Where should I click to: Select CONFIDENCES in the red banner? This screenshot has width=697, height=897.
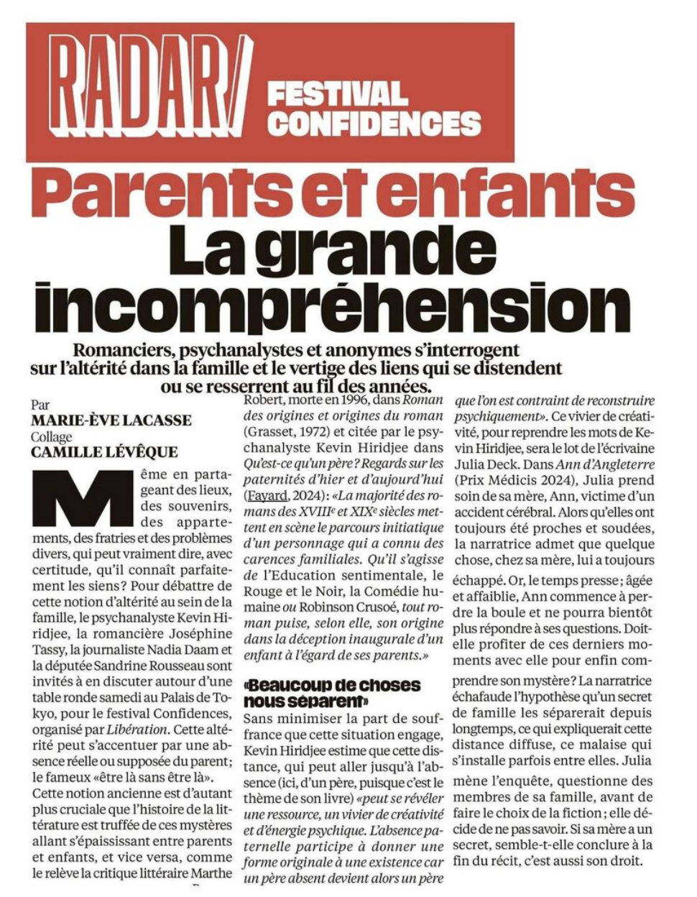374,124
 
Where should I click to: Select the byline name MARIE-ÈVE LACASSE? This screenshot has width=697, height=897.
111,421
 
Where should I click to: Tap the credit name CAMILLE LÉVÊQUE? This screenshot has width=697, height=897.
104,452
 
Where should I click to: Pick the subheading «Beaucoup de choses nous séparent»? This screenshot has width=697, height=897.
332,692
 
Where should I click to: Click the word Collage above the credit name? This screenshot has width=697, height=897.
52,437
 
